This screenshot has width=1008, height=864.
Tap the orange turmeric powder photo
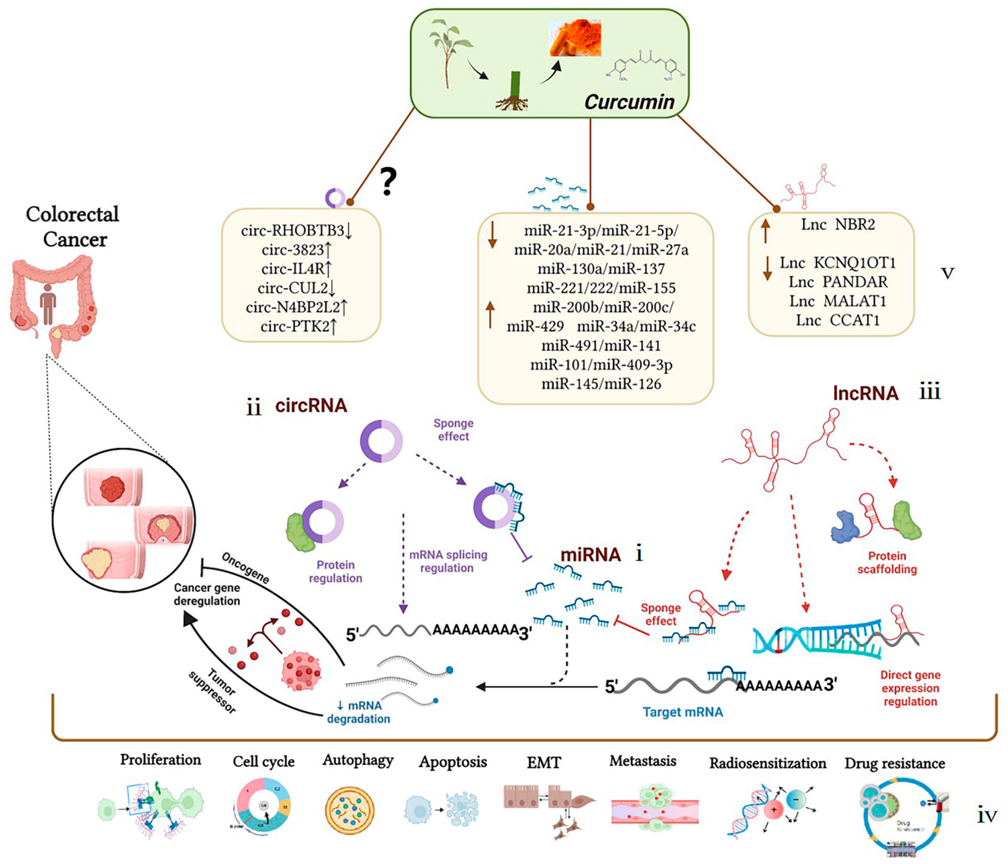click(x=575, y=38)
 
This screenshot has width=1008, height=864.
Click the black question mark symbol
click(x=388, y=182)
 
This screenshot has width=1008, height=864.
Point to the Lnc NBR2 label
click(x=838, y=225)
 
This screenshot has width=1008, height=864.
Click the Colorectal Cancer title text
click(x=73, y=227)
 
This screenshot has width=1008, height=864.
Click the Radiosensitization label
click(x=767, y=763)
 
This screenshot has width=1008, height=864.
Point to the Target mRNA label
click(x=683, y=712)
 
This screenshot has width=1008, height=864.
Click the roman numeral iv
click(x=987, y=816)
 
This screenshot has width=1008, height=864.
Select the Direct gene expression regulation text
click(x=910, y=688)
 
